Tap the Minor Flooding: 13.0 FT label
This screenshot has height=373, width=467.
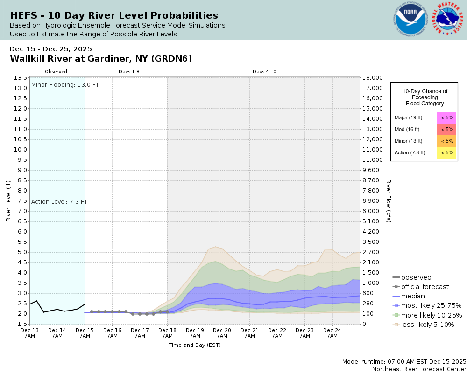tap(58, 84)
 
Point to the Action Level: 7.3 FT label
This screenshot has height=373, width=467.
tap(59, 201)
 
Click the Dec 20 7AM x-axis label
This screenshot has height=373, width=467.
tap(222, 332)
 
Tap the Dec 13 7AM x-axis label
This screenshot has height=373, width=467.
tap(30, 332)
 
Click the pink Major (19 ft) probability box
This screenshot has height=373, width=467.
tap(446, 118)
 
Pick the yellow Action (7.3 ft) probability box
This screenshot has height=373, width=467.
tap(446, 152)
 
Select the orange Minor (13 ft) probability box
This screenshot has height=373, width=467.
tap(446, 141)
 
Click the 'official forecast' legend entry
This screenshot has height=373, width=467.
tap(425, 287)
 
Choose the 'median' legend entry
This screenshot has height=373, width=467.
tap(413, 296)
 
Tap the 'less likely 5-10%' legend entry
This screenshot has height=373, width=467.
tap(427, 325)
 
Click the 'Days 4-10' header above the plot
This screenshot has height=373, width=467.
tap(264, 72)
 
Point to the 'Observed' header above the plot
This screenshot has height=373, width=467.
tap(56, 72)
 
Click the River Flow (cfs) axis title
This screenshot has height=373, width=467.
tap(389, 200)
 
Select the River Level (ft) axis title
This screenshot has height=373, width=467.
tap(8, 200)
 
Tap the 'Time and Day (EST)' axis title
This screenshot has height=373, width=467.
tap(195, 345)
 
